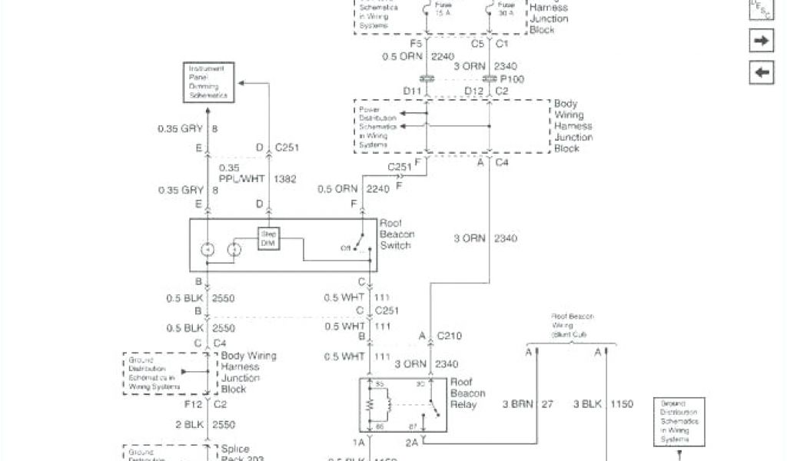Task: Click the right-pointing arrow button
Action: pos(761,41)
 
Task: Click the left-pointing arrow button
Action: pos(761,72)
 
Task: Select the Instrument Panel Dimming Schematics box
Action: pos(209,82)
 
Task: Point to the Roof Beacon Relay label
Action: pos(467,393)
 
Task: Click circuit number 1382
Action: pos(285,178)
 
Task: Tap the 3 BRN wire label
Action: pos(517,404)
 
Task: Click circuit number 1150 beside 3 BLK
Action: pos(623,404)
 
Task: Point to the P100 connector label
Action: pos(513,78)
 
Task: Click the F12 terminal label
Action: pos(194,403)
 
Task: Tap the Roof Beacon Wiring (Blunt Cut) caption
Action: pos(569,326)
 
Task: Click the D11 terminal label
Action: pos(413,91)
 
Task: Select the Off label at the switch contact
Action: pos(346,248)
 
